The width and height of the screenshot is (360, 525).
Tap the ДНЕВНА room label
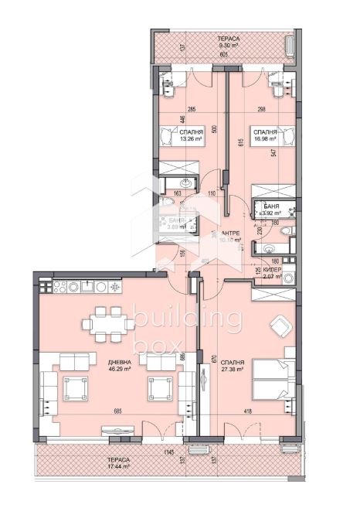point(120,362)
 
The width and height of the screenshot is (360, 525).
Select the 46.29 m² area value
point(120,370)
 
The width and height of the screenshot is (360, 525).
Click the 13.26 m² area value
point(191,141)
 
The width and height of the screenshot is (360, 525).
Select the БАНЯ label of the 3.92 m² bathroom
point(284,207)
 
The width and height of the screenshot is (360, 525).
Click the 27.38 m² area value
point(233,370)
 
